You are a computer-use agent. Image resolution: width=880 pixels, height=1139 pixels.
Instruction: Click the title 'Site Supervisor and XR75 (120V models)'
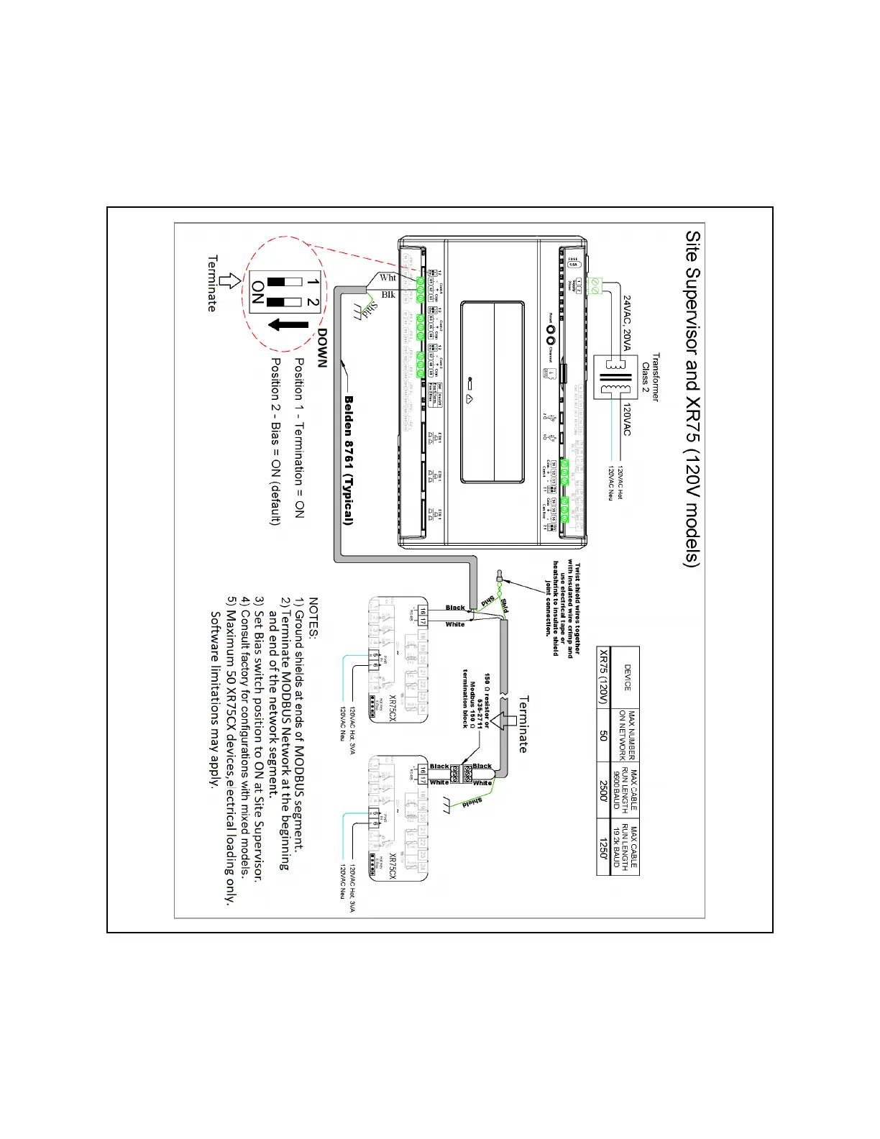tap(692, 399)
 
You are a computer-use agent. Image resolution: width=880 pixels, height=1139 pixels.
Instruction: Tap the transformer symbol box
tap(615, 377)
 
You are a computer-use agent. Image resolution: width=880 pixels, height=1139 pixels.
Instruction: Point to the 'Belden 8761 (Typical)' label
tap(349, 460)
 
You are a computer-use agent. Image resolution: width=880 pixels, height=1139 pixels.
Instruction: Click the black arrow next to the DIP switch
tap(288, 326)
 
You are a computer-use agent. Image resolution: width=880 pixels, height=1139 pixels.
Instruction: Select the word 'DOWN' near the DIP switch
tap(322, 349)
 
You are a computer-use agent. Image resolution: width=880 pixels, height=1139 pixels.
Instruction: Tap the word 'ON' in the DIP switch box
tap(258, 293)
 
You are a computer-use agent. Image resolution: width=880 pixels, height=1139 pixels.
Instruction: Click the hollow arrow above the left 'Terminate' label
tap(230, 281)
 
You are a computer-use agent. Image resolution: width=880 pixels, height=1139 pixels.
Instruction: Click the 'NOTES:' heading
tap(314, 617)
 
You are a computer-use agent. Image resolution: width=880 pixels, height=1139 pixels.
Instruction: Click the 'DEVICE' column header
tap(627, 677)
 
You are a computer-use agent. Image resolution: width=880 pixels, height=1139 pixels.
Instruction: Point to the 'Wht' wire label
tap(388, 278)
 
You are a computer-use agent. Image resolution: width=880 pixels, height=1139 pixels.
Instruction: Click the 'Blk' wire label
tap(388, 295)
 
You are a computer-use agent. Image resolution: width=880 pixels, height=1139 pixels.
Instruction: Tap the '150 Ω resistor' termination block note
tap(475, 701)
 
